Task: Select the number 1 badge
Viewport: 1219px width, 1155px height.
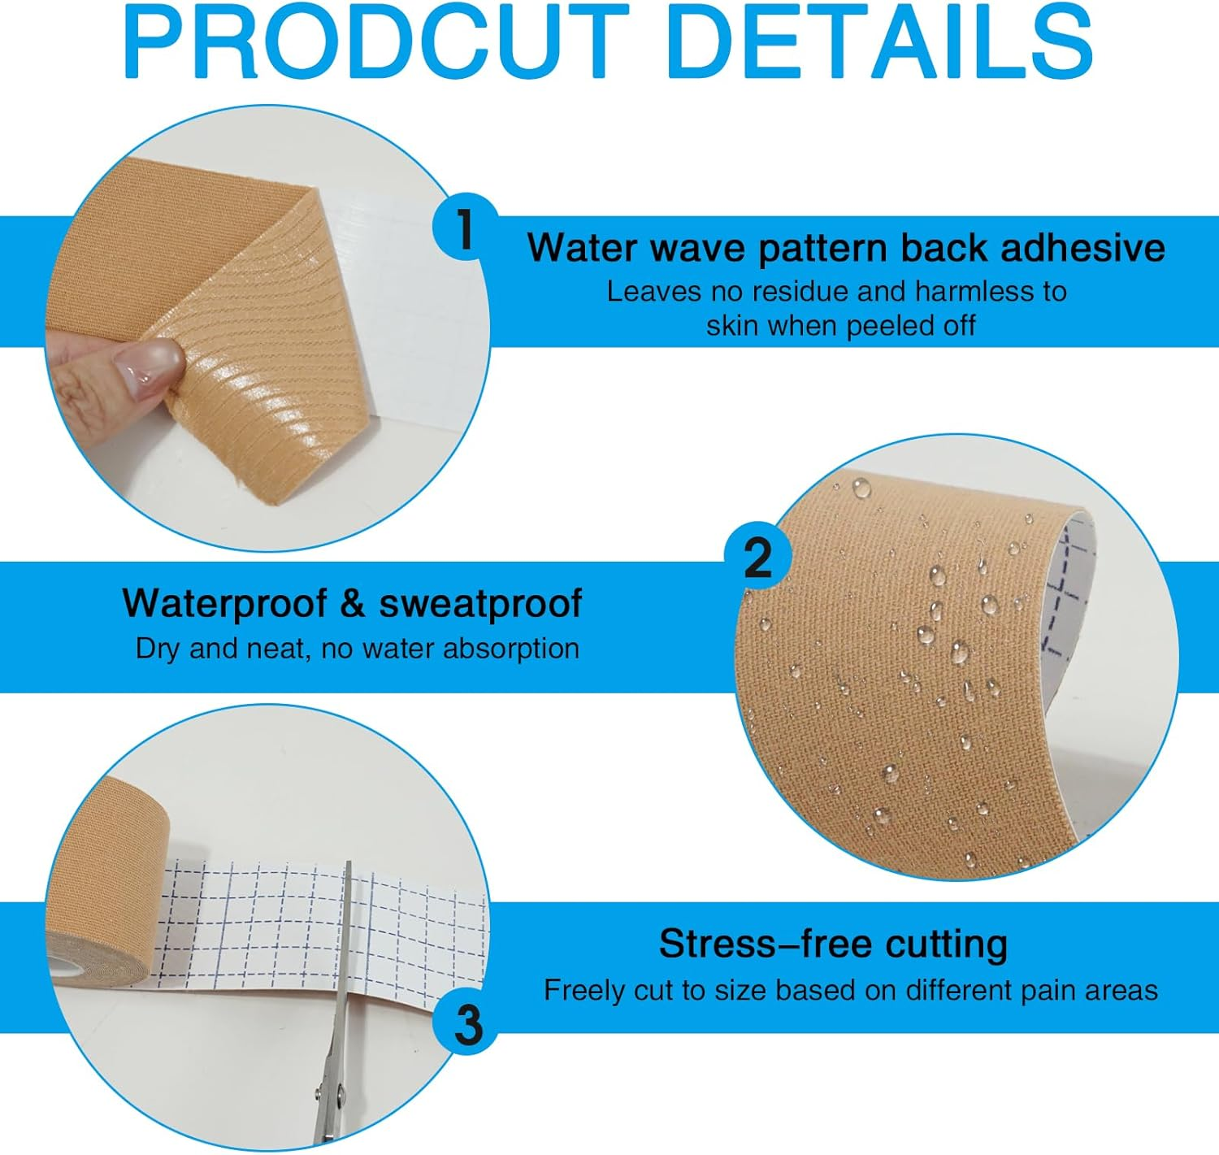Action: coord(464,230)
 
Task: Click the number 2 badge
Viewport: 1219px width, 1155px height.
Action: coord(757,559)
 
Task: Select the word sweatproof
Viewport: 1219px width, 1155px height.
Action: coord(481,604)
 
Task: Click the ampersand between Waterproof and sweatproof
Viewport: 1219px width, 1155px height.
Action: coord(353,604)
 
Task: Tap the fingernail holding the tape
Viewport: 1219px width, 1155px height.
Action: coord(150,364)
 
